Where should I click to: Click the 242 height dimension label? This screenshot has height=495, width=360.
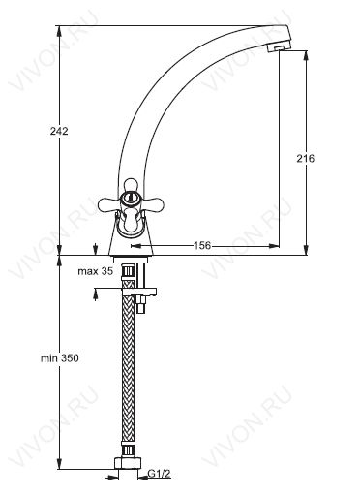tap(59, 132)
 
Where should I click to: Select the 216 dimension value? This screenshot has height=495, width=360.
tap(305, 159)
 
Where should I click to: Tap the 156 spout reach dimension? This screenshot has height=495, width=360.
tap(201, 246)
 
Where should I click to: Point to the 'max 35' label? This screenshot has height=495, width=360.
tap(96, 271)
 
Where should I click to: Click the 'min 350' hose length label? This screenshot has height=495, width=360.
tap(60, 358)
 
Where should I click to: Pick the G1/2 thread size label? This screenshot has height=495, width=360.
tap(159, 474)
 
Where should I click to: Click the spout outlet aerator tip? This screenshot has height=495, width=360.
tap(280, 47)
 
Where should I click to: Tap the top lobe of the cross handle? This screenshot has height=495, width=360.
tap(131, 186)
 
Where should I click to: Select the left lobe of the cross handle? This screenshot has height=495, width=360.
tap(109, 203)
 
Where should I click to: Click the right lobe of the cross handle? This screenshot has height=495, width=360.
tap(153, 203)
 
